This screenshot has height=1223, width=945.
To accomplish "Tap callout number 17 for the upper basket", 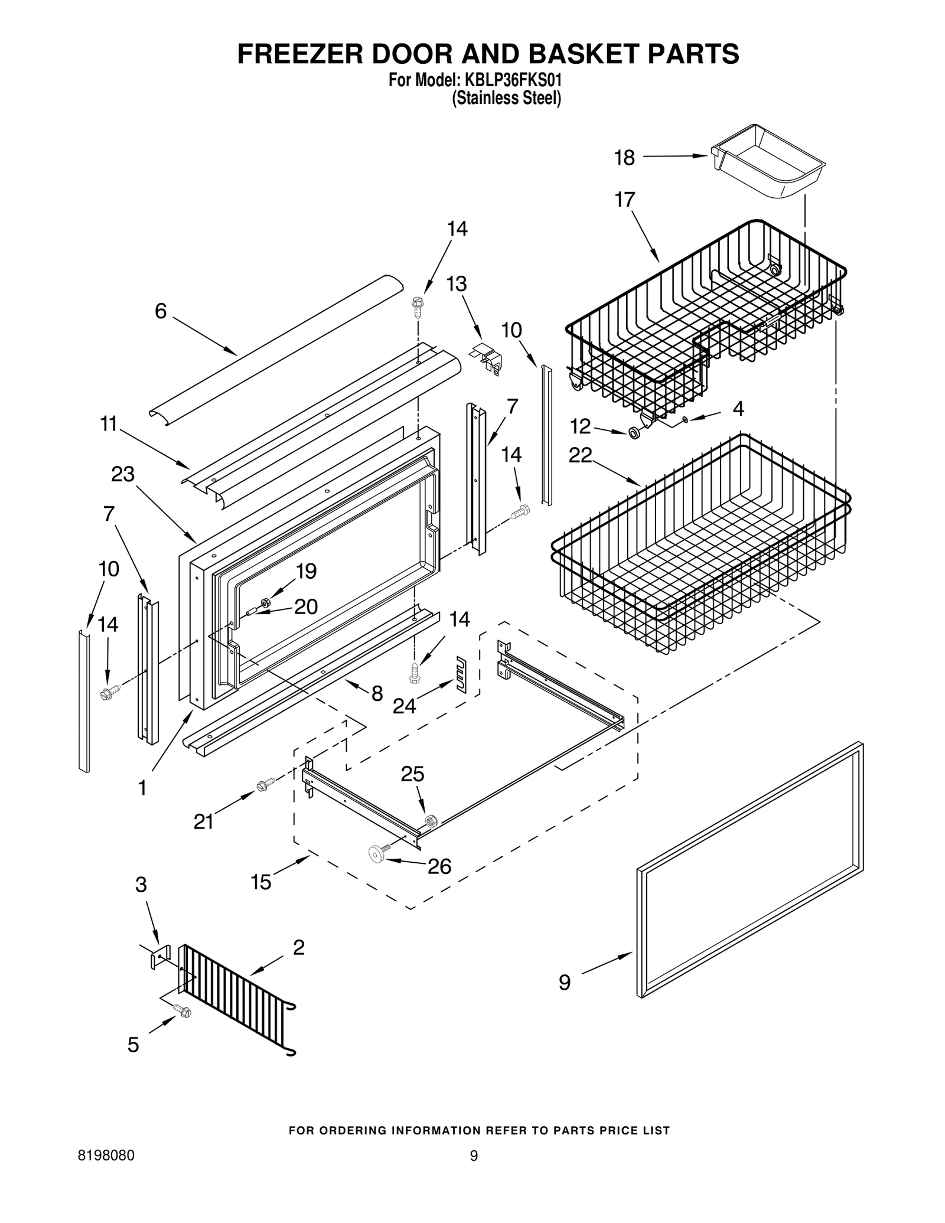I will click(624, 200).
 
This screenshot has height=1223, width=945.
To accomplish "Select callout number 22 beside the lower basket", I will click(580, 455).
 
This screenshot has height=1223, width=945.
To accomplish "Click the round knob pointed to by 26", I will click(376, 852).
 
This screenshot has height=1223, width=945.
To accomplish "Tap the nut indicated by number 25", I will click(431, 819).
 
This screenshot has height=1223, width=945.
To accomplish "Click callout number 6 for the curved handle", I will click(161, 311).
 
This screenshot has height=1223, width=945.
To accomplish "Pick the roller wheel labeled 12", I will click(635, 433).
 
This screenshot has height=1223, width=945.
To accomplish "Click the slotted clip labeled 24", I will click(460, 673).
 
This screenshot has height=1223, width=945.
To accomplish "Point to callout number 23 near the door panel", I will click(123, 474).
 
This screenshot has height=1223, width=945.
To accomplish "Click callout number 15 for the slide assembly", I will click(260, 882).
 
